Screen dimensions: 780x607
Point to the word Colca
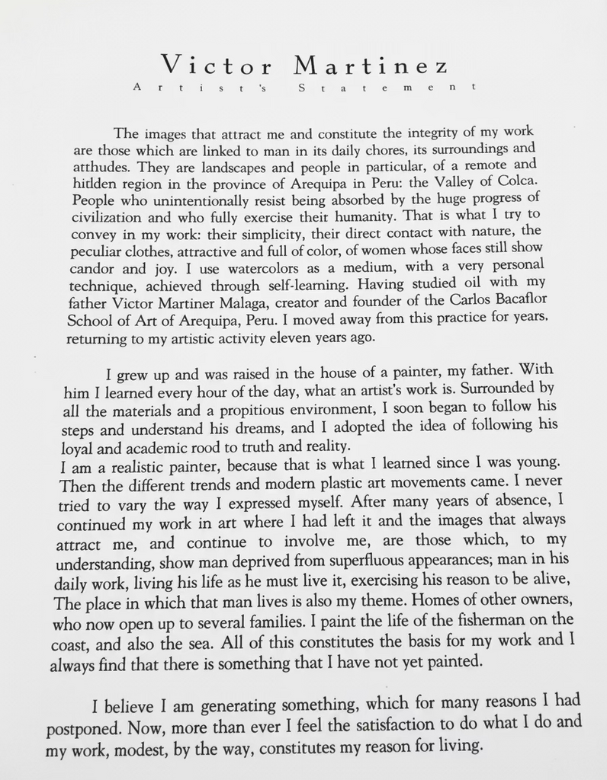[x=518, y=181]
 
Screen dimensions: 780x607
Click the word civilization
[x=113, y=216]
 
